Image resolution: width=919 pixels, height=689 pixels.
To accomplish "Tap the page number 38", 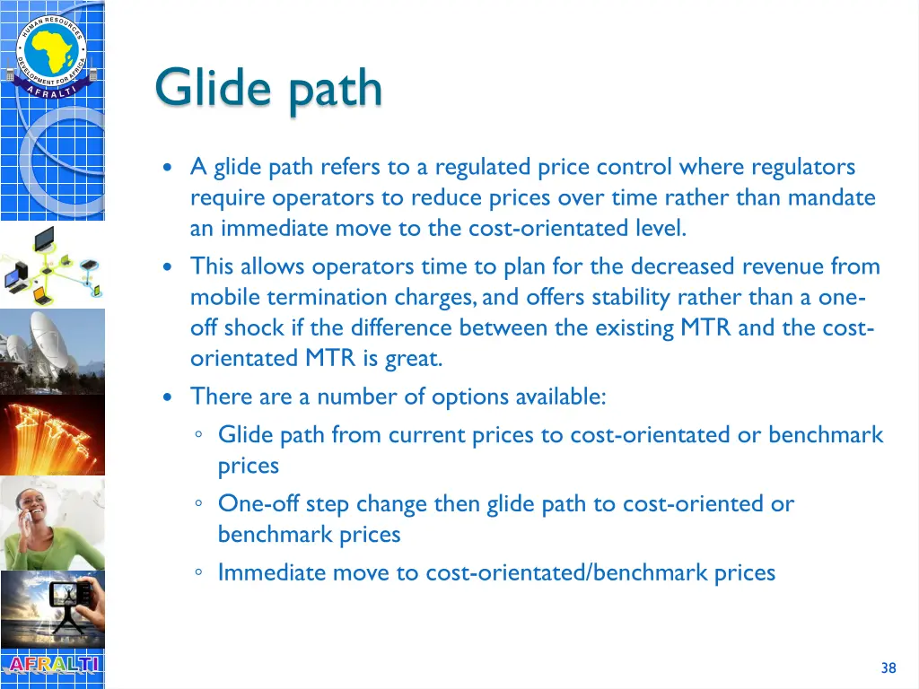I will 888,667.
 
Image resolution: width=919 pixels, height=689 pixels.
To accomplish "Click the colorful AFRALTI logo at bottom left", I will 52,666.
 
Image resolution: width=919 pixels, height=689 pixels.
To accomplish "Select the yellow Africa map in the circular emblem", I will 51,47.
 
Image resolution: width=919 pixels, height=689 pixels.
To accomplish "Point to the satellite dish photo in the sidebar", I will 52,350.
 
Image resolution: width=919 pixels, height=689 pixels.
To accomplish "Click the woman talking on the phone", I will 52,522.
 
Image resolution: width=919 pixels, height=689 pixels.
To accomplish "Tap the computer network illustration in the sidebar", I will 52,265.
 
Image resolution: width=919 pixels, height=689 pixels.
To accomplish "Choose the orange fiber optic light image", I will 52,435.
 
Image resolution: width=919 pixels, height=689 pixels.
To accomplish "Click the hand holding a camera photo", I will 52,608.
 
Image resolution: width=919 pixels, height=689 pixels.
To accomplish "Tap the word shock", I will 255,327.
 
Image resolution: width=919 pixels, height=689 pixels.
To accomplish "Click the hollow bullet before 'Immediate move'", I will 198,573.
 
